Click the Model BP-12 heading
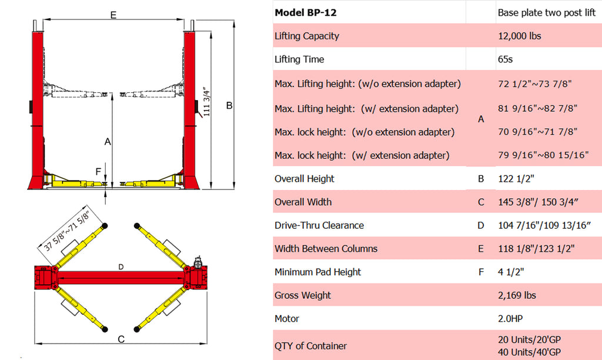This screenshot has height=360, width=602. (x=306, y=12)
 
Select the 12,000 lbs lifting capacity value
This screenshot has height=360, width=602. (x=519, y=36)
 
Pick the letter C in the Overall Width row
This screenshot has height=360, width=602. (x=481, y=202)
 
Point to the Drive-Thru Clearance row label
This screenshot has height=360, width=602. (x=319, y=225)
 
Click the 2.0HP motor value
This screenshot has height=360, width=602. (x=510, y=319)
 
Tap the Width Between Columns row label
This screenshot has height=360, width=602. (x=326, y=249)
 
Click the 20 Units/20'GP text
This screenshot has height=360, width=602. (x=529, y=340)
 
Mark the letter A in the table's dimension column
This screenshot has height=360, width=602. (x=481, y=119)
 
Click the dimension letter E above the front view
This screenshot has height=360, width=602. (x=113, y=15)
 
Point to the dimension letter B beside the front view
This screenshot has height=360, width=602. (x=229, y=105)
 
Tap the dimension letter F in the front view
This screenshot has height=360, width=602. (x=98, y=172)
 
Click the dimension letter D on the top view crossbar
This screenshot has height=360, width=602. (x=120, y=267)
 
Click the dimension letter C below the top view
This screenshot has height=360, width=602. (x=121, y=339)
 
